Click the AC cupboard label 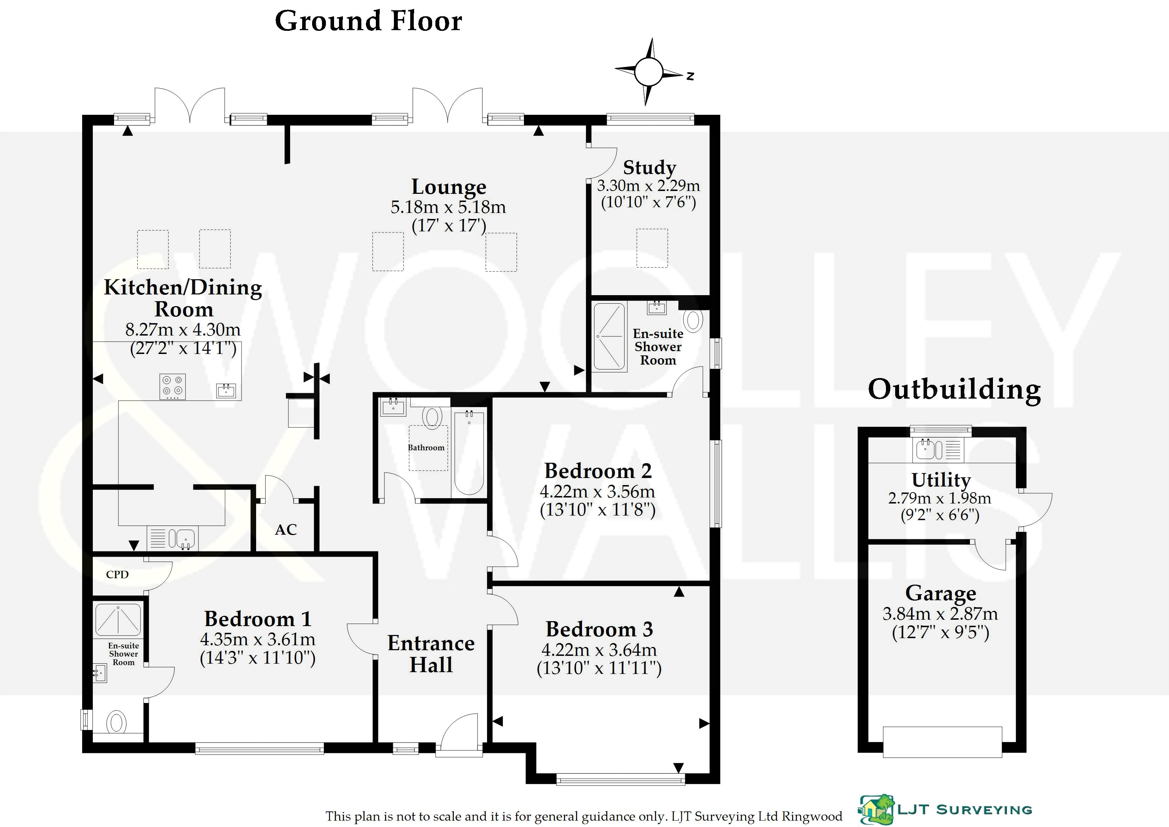(286, 530)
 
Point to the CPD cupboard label (117, 574)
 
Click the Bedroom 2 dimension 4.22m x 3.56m (597, 491)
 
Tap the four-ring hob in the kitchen (173, 387)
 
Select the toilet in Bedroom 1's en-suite (117, 722)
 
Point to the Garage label (941, 593)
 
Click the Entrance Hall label (431, 654)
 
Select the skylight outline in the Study (652, 248)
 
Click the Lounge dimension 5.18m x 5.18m (448, 207)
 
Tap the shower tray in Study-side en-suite (609, 336)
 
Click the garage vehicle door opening (942, 742)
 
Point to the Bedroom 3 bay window (620, 779)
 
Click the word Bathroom (426, 448)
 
